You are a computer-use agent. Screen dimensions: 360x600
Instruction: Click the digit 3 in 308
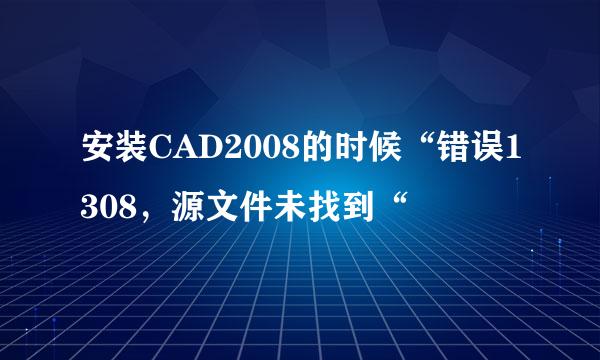(90, 202)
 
